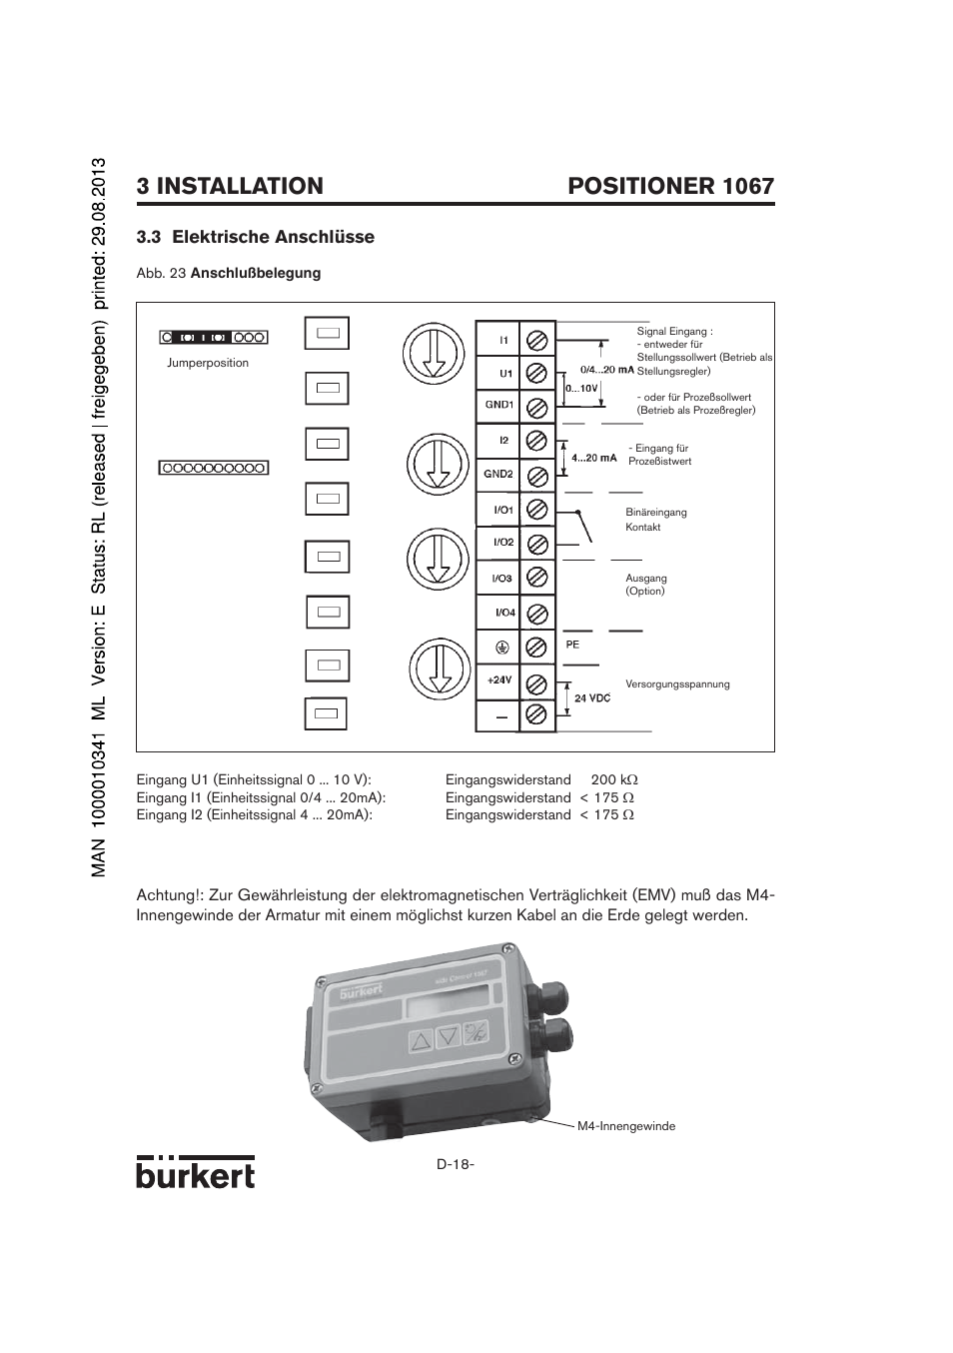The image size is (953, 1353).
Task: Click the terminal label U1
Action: (505, 374)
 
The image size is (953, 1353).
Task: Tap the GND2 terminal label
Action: (498, 475)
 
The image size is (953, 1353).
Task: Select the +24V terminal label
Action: (498, 680)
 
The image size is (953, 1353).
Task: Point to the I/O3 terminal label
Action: (502, 579)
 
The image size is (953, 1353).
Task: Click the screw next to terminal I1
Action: (536, 339)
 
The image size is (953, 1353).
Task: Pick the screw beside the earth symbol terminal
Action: (536, 647)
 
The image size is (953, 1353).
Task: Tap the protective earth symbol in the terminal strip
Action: (502, 647)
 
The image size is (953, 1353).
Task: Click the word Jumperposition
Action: (208, 363)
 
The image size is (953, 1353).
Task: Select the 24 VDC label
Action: (592, 697)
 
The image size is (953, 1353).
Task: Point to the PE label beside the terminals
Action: (572, 645)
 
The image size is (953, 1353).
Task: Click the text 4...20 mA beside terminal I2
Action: (593, 459)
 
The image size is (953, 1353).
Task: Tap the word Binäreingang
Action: (656, 513)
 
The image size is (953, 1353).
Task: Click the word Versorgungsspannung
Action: (677, 684)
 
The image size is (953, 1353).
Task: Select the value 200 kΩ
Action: (613, 779)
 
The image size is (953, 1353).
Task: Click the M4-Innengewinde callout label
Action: (626, 1126)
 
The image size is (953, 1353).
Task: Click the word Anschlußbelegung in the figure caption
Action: (256, 273)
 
